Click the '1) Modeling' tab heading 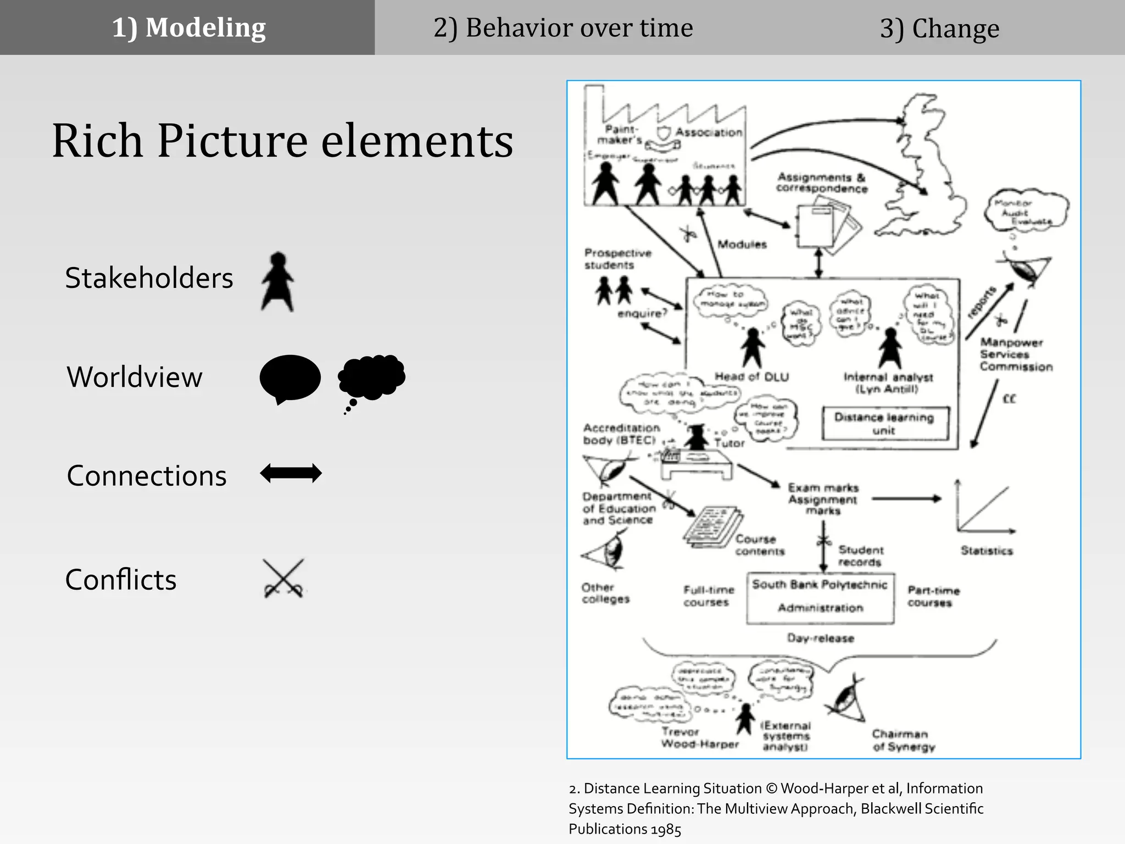188,27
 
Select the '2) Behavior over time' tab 563,27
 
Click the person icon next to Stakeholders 278,282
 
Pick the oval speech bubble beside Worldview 289,378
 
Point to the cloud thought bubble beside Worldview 372,377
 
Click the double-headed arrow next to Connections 291,473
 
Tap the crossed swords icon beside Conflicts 283,579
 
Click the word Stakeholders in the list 149,278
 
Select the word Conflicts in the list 121,580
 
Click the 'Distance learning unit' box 884,423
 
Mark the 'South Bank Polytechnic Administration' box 820,597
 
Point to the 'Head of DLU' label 751,377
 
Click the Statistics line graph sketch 985,509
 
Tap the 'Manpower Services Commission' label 1016,354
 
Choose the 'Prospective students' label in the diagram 617,259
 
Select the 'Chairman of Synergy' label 904,740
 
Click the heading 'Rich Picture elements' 282,141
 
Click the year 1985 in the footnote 666,829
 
